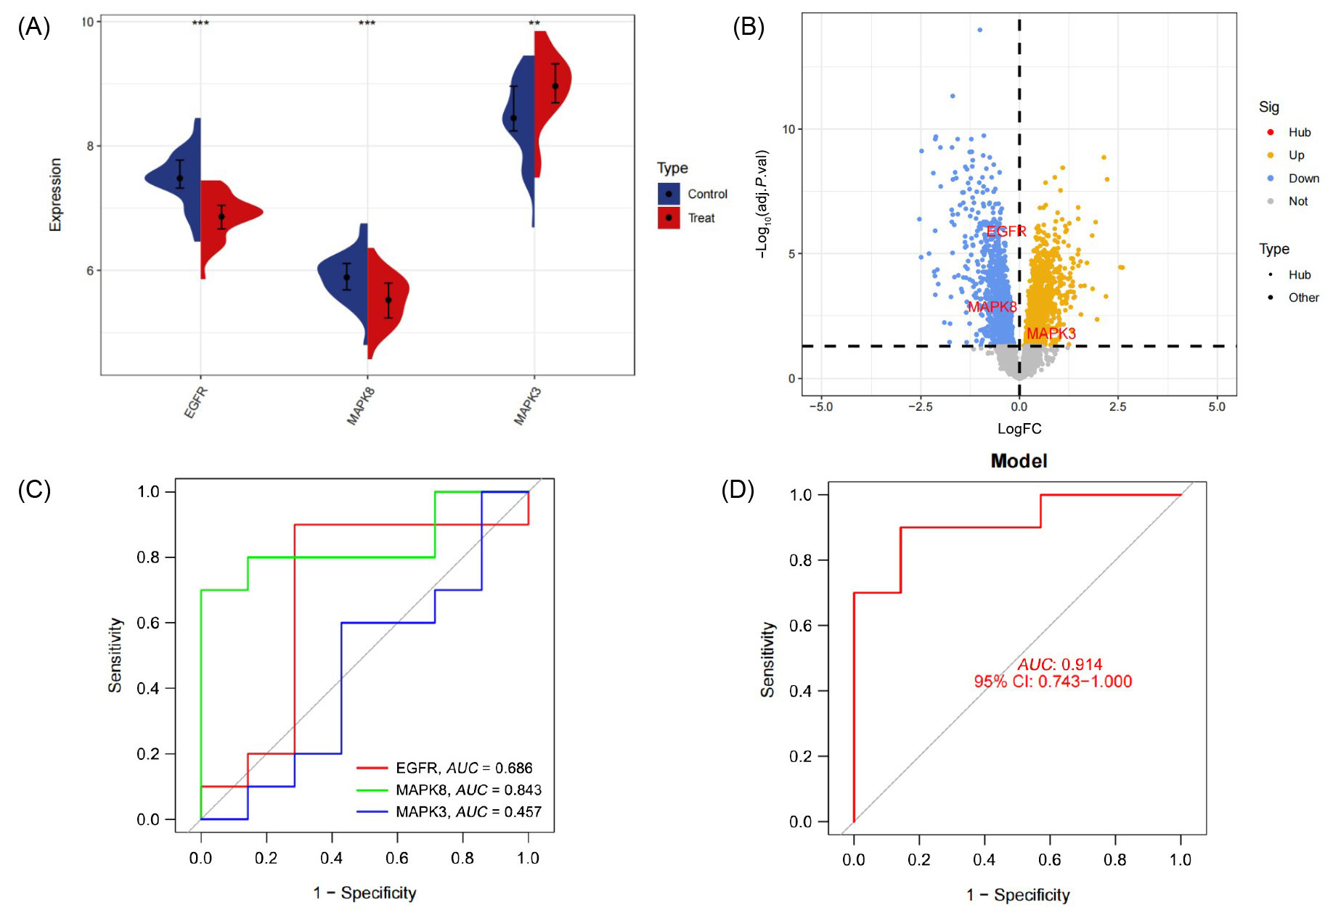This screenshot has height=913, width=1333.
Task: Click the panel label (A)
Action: [x=33, y=28]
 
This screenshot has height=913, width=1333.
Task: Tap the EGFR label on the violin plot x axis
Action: [x=196, y=402]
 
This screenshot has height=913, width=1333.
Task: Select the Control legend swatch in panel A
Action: [x=669, y=194]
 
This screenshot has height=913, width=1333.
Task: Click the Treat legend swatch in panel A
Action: [x=669, y=218]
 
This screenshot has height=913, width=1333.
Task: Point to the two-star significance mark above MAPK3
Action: [x=534, y=24]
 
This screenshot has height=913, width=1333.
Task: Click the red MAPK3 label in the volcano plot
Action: [x=1051, y=333]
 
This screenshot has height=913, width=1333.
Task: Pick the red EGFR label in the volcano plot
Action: [x=1006, y=232]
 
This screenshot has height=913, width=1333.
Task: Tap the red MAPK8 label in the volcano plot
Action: [x=992, y=307]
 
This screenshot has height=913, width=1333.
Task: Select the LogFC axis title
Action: [x=1019, y=429]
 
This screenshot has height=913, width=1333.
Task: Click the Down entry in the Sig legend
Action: [x=1303, y=179]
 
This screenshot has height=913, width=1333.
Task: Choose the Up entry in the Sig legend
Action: [x=1296, y=155]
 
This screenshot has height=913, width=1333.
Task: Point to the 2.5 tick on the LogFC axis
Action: [x=1117, y=407]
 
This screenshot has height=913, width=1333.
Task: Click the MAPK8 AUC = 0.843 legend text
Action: [x=468, y=790]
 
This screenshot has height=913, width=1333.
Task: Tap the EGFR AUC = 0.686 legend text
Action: [x=464, y=768]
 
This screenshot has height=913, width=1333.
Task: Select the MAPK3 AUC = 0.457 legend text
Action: [x=468, y=811]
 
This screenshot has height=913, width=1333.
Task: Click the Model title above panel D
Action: [x=1019, y=461]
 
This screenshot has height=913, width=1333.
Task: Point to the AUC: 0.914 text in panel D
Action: [x=1059, y=664]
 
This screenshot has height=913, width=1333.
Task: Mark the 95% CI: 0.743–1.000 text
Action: [x=1053, y=681]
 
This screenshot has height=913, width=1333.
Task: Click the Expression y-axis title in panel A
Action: [x=55, y=195]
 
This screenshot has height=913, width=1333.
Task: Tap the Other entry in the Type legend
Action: [x=1303, y=298]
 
